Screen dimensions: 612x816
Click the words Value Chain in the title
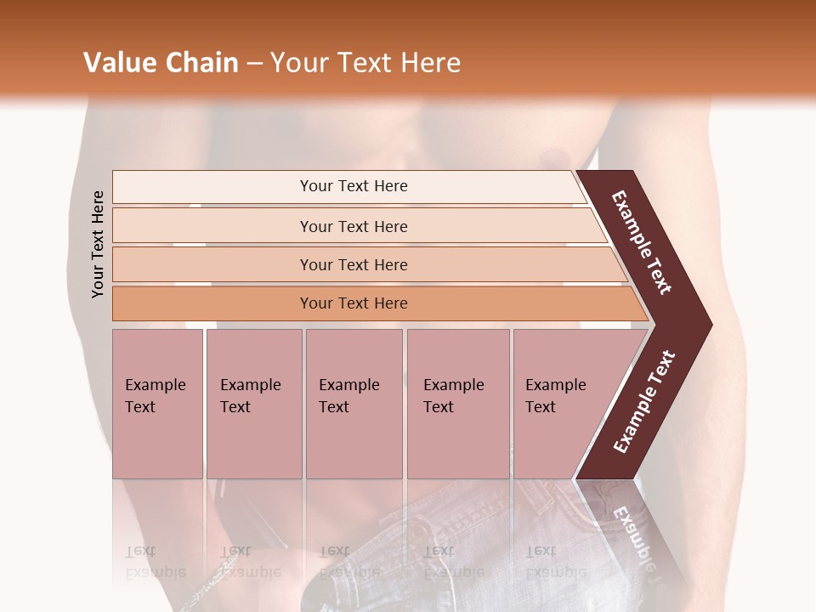pos(161,63)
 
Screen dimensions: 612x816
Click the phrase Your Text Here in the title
pos(365,63)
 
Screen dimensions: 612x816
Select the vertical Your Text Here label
pos(98,244)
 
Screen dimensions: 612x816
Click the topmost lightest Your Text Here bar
pos(353,186)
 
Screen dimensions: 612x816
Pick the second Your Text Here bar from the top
pos(353,226)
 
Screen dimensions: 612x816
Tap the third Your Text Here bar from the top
pos(353,264)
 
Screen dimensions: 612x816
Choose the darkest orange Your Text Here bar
pos(353,303)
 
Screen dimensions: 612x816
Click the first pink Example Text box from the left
pos(157,403)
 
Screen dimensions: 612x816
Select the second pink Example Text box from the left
pos(253,403)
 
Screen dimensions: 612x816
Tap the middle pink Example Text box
pos(354,403)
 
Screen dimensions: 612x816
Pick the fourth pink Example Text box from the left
pos(457,403)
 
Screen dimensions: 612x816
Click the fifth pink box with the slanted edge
pos(561,403)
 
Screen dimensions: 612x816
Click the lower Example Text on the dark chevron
pos(644,401)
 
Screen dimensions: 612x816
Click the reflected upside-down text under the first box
pos(156,563)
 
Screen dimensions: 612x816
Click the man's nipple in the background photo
pos(554,156)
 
